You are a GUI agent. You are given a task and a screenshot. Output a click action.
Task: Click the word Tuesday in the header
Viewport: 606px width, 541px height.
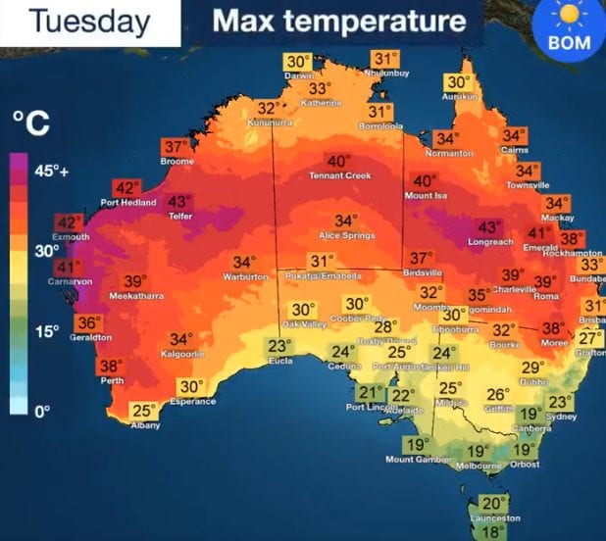coord(89,22)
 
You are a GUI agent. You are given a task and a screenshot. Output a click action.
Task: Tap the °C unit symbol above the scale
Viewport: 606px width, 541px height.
coord(30,124)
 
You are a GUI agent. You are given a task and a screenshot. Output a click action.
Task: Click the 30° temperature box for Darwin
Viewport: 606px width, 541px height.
coord(298,62)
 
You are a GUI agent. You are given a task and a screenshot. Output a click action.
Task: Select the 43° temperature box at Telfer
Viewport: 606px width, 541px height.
coord(179,201)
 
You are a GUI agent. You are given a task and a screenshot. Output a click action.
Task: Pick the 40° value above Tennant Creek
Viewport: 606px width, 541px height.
coord(338,161)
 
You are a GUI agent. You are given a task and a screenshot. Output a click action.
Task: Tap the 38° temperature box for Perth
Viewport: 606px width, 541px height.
coord(110,366)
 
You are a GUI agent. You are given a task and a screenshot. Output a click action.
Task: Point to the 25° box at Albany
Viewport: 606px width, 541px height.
coord(145,411)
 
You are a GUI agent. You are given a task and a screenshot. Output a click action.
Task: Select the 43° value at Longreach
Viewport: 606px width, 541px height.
coord(488,226)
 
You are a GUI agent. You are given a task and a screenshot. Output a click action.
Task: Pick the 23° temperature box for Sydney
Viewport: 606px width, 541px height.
coord(560,402)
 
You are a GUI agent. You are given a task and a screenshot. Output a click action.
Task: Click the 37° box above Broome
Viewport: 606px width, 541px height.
coord(175,147)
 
